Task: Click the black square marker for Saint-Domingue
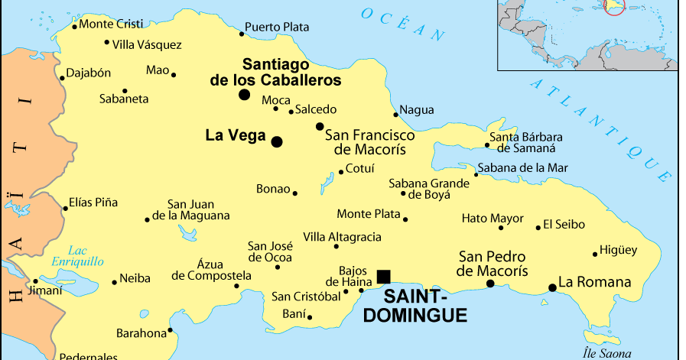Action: point(383,276)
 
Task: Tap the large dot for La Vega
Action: point(277,141)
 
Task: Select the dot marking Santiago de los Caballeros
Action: point(244,95)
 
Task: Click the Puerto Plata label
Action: point(277,27)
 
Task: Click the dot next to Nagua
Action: point(396,115)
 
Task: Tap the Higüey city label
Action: point(619,250)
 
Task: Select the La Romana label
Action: point(595,282)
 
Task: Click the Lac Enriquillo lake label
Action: point(77,255)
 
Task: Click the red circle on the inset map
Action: point(614,5)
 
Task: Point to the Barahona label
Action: point(141,333)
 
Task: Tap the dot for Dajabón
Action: point(62,78)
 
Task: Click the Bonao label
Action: point(273,189)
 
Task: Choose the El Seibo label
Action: point(564,225)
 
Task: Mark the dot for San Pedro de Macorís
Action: point(490,284)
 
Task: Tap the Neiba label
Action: point(135,279)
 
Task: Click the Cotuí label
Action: point(359,168)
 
